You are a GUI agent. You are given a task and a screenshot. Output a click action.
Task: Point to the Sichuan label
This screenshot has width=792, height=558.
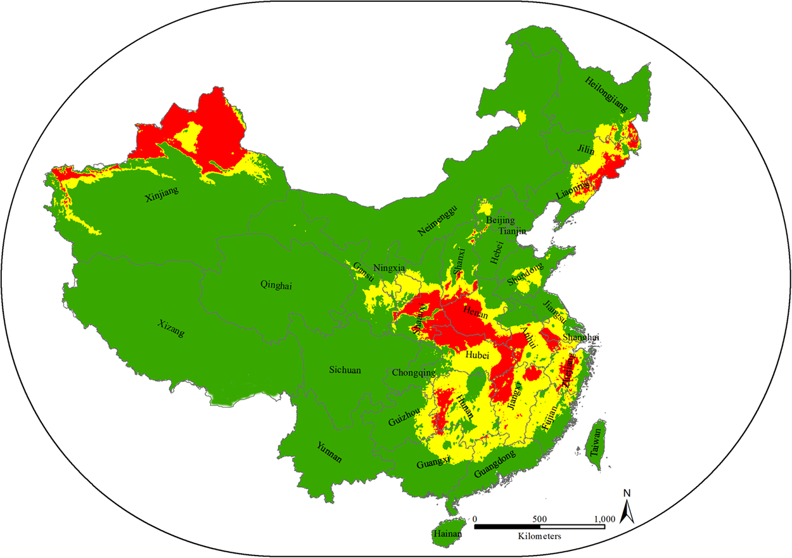click(345, 370)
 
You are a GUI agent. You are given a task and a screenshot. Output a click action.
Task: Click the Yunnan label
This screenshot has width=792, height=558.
click(329, 451)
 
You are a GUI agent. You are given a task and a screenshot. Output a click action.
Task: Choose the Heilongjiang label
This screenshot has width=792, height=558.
click(606, 95)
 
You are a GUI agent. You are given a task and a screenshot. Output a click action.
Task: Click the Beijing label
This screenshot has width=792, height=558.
click(500, 220)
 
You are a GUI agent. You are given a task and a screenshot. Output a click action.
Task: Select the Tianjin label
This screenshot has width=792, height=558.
click(513, 232)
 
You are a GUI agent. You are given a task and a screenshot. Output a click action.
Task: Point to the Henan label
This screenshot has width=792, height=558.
click(476, 311)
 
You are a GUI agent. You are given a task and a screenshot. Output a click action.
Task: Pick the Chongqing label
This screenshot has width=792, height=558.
click(414, 372)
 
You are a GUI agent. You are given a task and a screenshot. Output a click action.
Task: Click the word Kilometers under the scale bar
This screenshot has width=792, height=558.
click(539, 536)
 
